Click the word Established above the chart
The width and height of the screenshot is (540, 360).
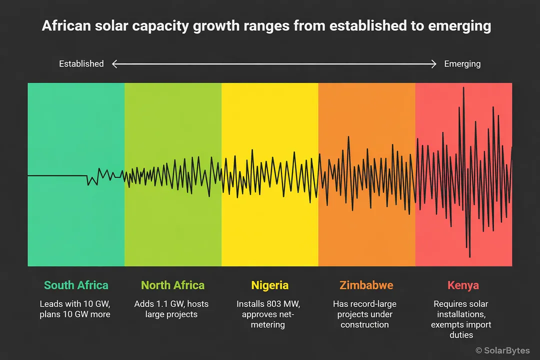pos(81,64)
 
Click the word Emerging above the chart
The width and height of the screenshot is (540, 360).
pos(462,64)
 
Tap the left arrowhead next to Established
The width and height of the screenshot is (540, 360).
pos(114,64)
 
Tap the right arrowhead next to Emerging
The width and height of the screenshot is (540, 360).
pos(434,64)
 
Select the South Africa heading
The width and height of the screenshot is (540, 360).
pos(76,285)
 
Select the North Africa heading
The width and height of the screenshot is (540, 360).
pos(172,285)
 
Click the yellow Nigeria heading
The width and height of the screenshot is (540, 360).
pos(269,285)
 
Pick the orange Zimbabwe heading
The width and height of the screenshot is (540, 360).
pos(366,285)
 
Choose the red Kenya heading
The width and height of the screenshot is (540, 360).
pos(463,285)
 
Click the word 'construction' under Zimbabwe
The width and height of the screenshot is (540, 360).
pos(364,324)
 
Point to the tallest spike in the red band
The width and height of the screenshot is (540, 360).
pos(463,88)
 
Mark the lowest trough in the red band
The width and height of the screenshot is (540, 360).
pos(470,256)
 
